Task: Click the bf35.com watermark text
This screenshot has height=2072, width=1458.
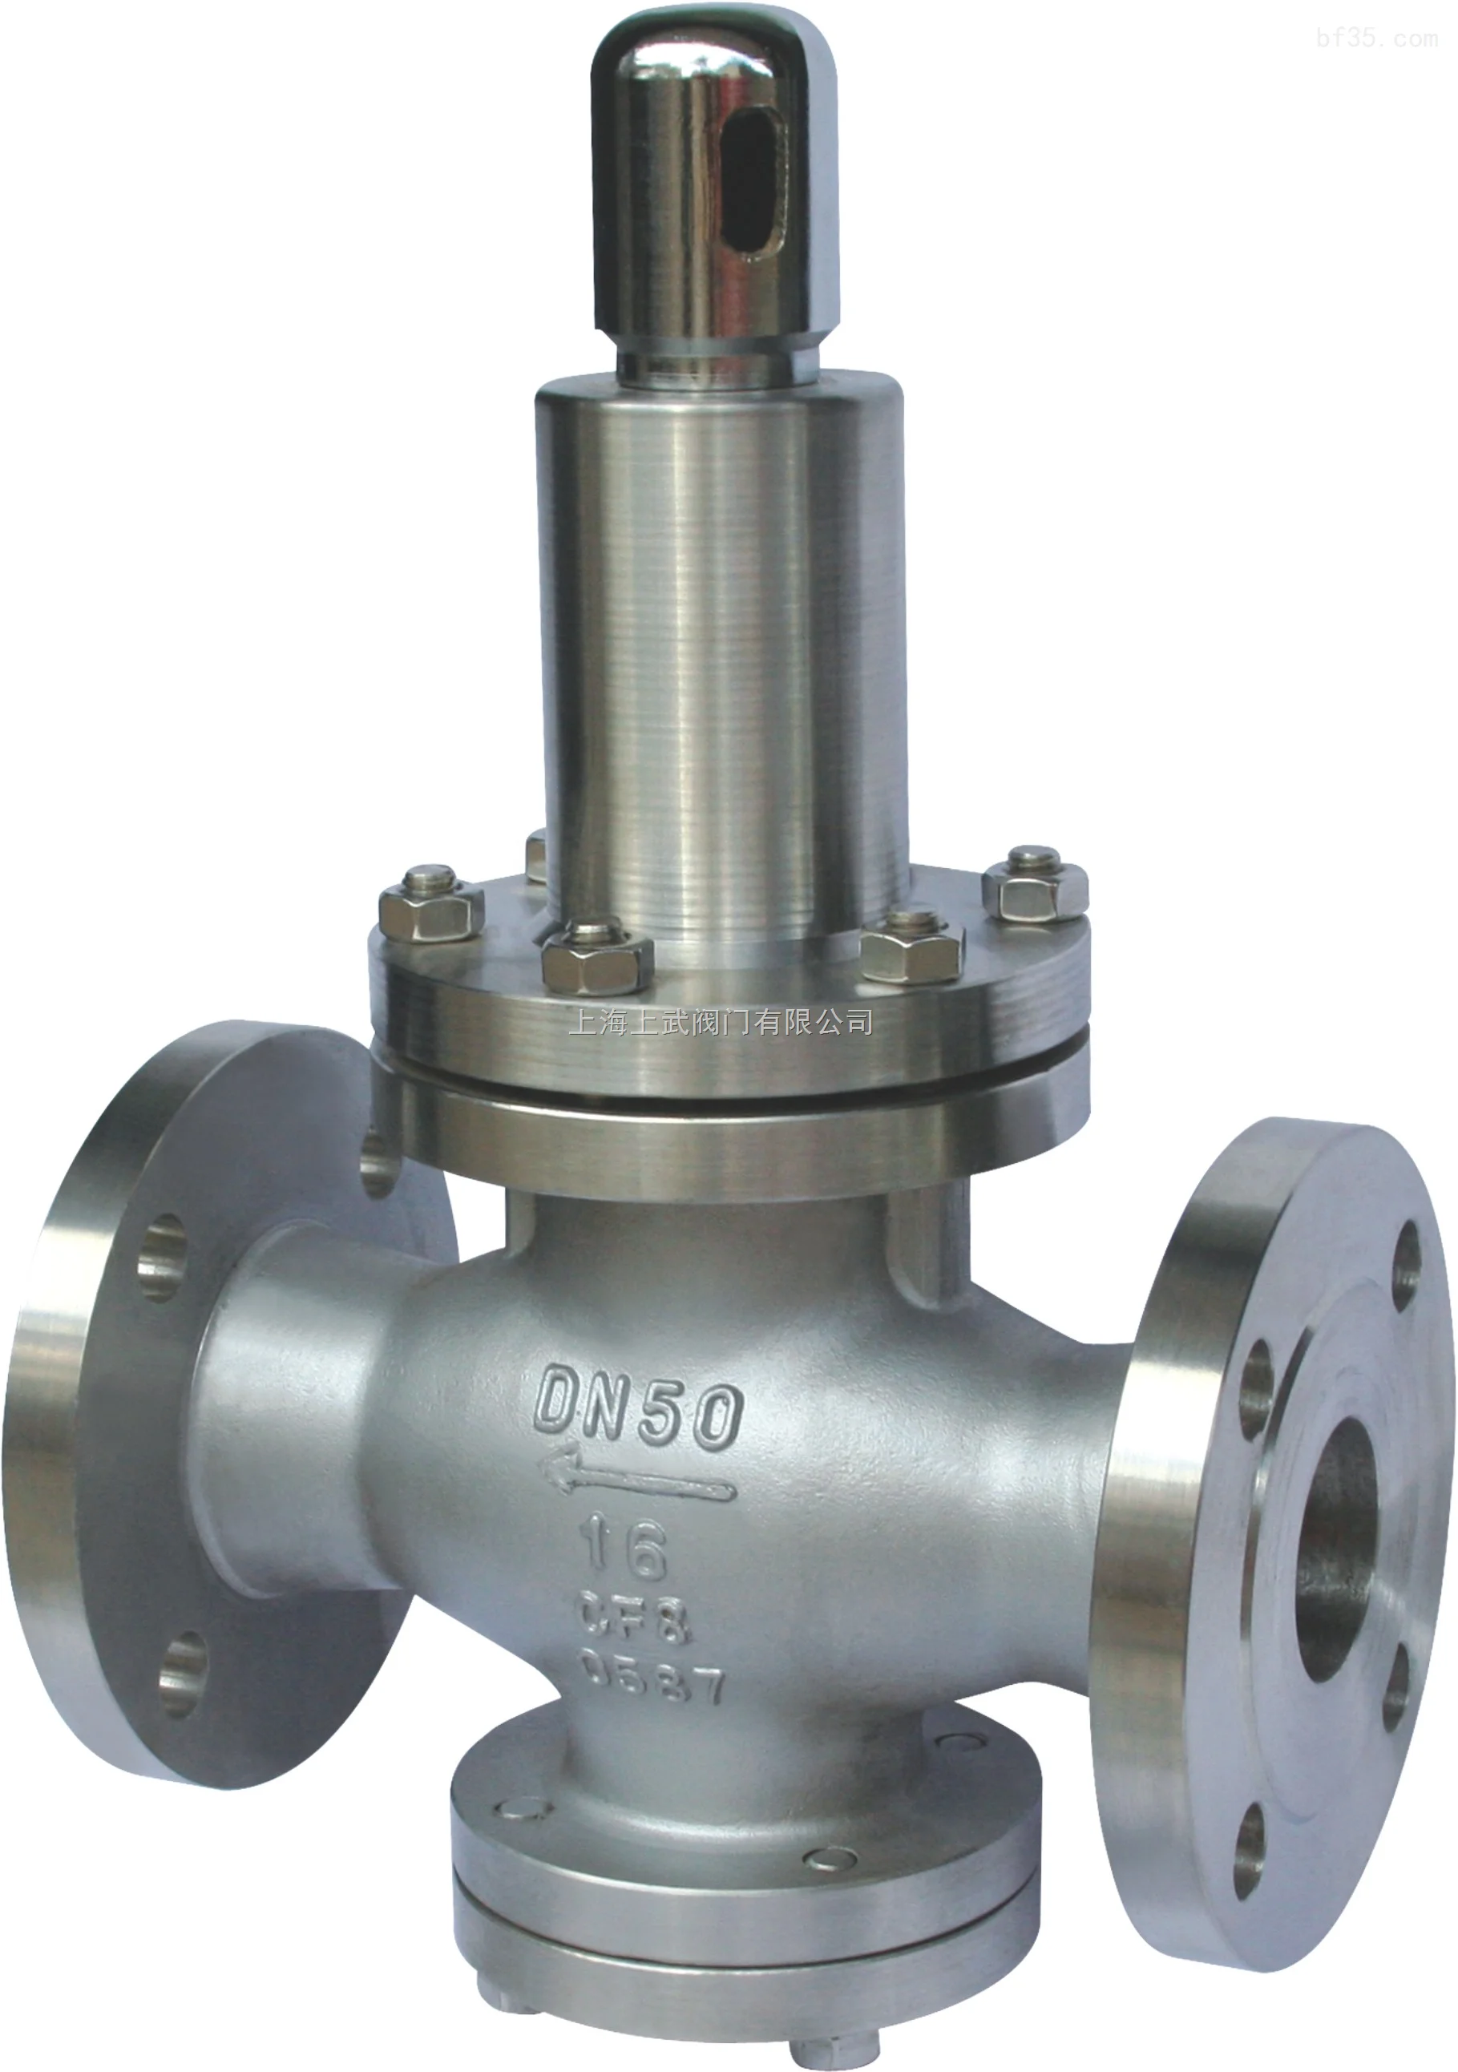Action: tap(1377, 38)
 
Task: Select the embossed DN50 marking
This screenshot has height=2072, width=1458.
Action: tap(639, 1418)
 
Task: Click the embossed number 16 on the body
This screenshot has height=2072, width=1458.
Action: tap(627, 1550)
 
